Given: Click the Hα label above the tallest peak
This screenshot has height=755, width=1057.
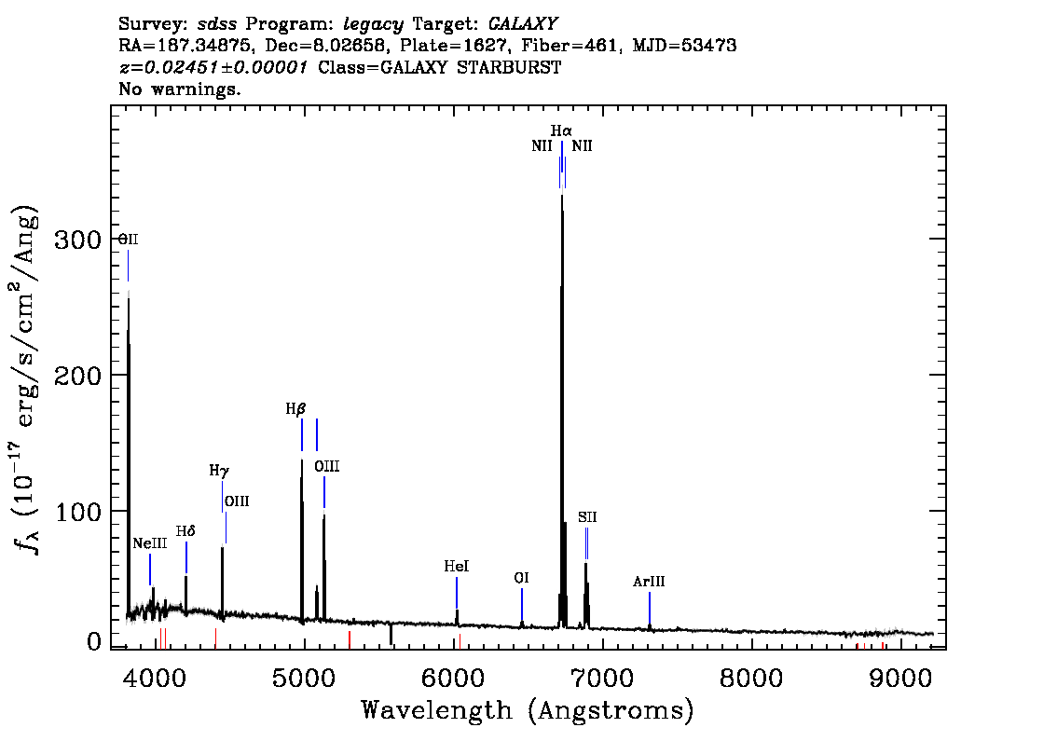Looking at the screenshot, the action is pos(561,130).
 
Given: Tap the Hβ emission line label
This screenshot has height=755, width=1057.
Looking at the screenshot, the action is pos(295,408).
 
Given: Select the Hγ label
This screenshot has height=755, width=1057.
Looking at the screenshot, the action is pos(219,471).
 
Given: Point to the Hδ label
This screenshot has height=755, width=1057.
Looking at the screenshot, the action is pos(185,531).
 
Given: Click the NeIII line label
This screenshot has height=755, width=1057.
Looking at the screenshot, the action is pos(150,543).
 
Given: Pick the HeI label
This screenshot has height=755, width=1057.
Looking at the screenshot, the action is pos(457,567).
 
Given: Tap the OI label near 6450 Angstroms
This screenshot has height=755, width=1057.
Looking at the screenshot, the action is pos(521,579).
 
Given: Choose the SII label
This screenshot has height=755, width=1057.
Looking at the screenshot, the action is pos(587,517).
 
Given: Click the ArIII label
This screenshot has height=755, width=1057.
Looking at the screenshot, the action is pos(649,581).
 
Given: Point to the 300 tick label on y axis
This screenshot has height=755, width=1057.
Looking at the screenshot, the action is pos(77,240).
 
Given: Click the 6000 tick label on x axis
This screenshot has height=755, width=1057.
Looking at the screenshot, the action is pos(453,678).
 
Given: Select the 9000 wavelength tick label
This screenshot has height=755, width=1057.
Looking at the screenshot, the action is pos(899,678).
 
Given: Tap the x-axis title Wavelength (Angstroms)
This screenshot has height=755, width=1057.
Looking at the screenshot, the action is pos(528,710).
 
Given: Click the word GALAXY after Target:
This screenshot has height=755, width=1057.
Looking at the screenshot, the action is pos(522,24).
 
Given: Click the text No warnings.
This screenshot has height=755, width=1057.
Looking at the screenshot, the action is pos(179,89).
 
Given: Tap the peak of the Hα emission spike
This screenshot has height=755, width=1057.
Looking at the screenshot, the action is pos(561,196).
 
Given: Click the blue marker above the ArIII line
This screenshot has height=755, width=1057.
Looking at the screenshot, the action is pos(649,608).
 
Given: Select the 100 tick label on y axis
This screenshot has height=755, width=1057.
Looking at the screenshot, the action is pos(77,512).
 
